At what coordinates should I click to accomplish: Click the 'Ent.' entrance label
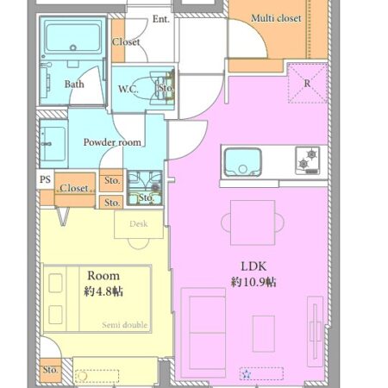point(161,19)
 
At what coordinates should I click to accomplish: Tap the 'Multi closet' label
point(276,18)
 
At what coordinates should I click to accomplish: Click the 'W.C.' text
point(128,89)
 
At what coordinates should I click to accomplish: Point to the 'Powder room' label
point(112,142)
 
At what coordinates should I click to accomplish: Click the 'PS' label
point(45,179)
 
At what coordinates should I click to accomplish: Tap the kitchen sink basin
point(242,162)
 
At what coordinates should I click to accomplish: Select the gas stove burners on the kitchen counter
point(307,160)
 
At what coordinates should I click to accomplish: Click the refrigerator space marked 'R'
point(307,84)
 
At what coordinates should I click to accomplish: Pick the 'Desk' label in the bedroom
point(139,223)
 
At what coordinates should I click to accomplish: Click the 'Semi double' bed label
point(125,325)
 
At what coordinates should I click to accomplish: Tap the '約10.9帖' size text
point(253,282)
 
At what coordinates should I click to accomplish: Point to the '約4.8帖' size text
point(103,291)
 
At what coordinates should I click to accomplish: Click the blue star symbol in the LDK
point(247,374)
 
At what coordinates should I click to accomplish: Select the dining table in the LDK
point(253,222)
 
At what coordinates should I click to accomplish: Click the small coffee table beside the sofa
point(264,334)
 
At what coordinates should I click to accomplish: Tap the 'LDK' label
point(253,266)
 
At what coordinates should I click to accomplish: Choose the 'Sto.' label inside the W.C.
point(166,87)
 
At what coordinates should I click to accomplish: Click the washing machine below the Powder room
point(145,188)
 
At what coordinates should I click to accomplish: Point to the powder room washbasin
point(53,144)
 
